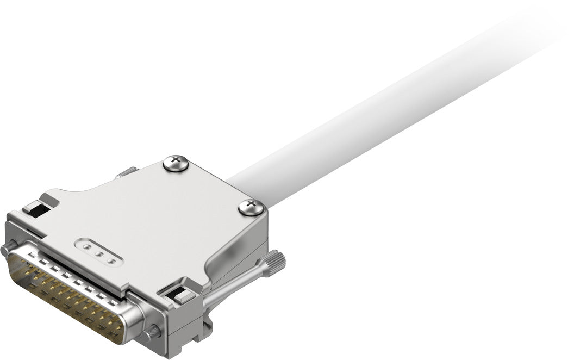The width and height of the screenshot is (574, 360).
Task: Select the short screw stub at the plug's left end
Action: (x=7, y=250)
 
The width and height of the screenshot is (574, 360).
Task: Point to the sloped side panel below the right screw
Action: (x=239, y=245)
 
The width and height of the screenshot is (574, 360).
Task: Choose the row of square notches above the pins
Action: (x=82, y=280)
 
